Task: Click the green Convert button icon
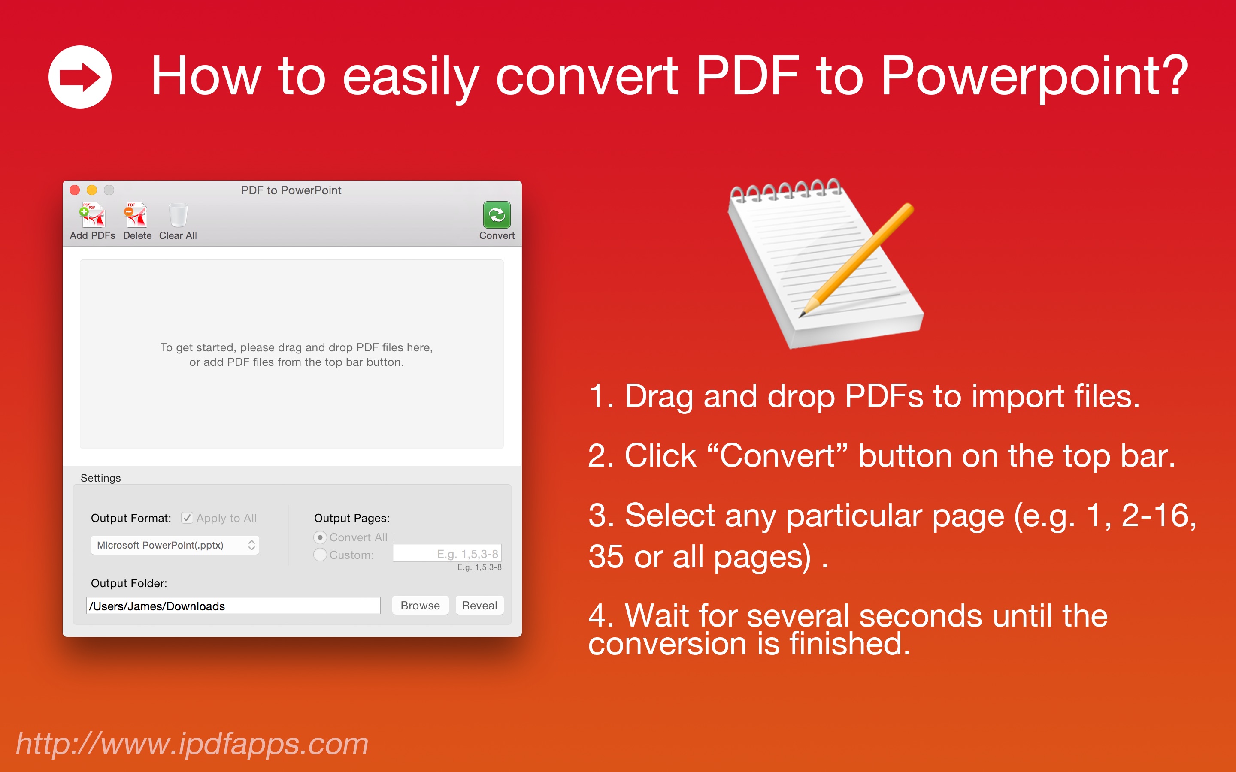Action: point(497,215)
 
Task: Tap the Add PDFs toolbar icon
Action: point(92,215)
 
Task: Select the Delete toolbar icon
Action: point(136,215)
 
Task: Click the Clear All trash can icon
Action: point(178,215)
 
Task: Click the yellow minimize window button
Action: point(92,190)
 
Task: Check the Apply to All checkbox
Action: point(188,518)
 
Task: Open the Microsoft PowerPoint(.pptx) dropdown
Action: point(175,545)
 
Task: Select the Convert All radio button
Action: point(320,538)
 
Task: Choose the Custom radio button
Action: point(320,555)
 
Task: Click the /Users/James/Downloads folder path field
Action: point(233,606)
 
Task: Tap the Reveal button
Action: point(479,606)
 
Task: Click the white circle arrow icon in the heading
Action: point(80,77)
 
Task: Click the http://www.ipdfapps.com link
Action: point(192,744)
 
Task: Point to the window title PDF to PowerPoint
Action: point(291,190)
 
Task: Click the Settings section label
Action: point(100,478)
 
